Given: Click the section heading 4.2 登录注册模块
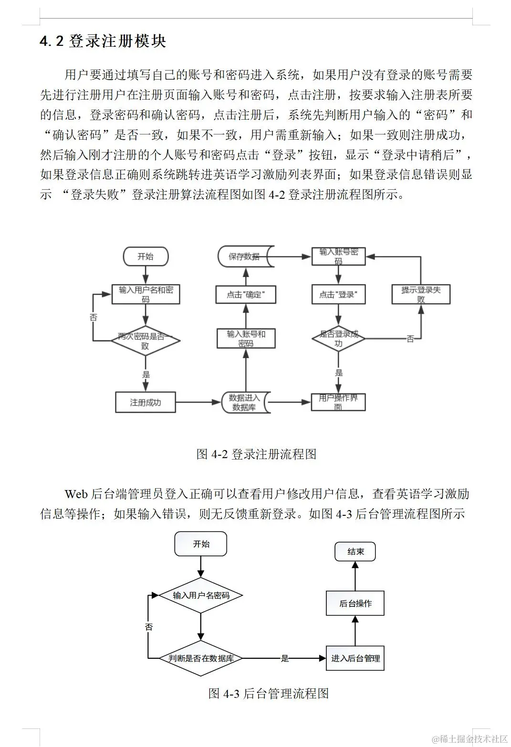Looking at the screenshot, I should pyautogui.click(x=103, y=41).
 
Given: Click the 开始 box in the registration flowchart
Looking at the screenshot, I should pyautogui.click(x=146, y=256).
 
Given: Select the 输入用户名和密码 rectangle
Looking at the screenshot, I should pyautogui.click(x=146, y=294).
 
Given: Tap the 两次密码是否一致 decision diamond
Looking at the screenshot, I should pyautogui.click(x=146, y=340).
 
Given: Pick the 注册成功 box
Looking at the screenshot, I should pyautogui.click(x=146, y=402).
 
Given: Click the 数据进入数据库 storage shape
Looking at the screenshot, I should pyautogui.click(x=245, y=402).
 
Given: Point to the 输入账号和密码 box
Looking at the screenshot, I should pyautogui.click(x=246, y=338).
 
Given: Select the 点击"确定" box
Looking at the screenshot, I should pyautogui.click(x=245, y=295).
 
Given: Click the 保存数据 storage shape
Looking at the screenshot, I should pyautogui.click(x=245, y=256).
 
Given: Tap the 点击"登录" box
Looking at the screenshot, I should pyautogui.click(x=338, y=295).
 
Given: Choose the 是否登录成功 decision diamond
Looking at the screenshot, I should pyautogui.click(x=338, y=338).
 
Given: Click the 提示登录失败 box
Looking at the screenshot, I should pyautogui.click(x=421, y=294).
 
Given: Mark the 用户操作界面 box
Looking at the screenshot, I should pyautogui.click(x=338, y=402).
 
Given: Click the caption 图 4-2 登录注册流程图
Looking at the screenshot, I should pyautogui.click(x=256, y=454).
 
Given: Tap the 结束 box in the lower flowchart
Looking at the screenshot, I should pyautogui.click(x=355, y=552).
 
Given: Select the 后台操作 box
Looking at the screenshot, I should pyautogui.click(x=355, y=603).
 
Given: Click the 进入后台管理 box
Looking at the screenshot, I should pyautogui.click(x=355, y=658).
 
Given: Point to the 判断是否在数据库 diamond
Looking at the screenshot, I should pyautogui.click(x=200, y=658).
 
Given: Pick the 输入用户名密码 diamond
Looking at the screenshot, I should pyautogui.click(x=200, y=595).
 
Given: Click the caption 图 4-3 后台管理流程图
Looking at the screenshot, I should pyautogui.click(x=269, y=693).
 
